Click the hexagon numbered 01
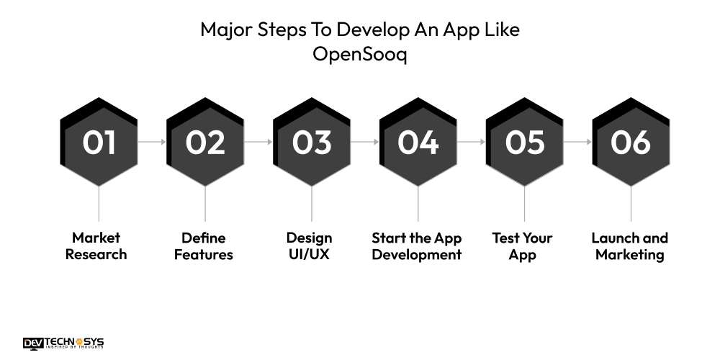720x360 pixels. tap(99, 142)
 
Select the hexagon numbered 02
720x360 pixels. tap(205, 142)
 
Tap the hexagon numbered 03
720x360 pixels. tap(312, 142)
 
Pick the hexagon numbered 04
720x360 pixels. tap(418, 142)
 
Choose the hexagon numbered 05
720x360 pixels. tap(525, 142)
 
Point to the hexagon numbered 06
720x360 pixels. tap(631, 142)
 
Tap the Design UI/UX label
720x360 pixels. tap(310, 246)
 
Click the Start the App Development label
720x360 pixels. tap(417, 246)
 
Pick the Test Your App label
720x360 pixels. tap(523, 246)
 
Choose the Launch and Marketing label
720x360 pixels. tap(630, 246)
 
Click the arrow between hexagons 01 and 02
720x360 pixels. tap(152, 142)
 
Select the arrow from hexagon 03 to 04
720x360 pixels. tap(365, 142)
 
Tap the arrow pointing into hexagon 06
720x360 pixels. tap(578, 142)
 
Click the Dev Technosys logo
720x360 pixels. tap(63, 343)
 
